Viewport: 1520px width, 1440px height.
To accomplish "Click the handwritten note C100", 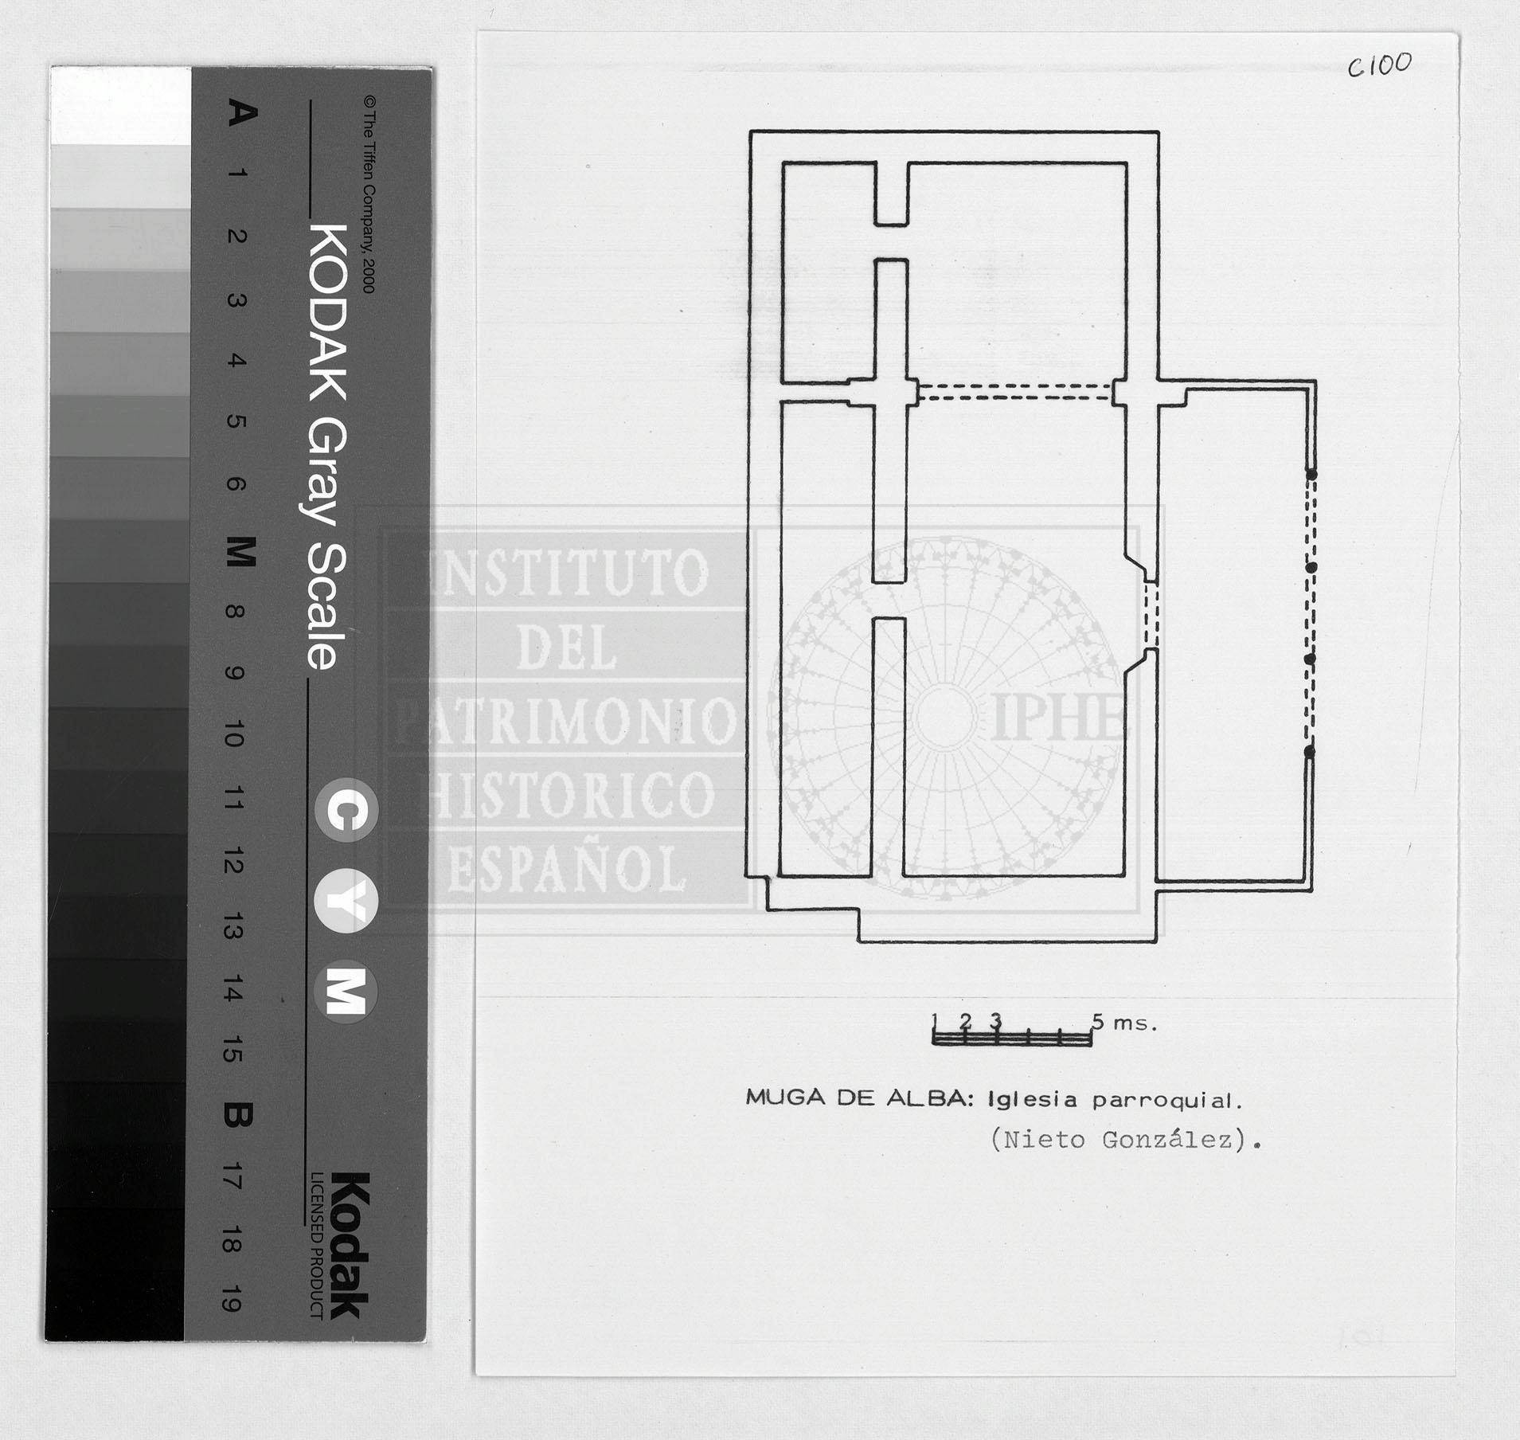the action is (1379, 65).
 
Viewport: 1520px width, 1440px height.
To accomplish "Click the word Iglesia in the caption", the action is (1032, 1101).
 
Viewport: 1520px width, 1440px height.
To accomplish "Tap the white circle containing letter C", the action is (346, 812).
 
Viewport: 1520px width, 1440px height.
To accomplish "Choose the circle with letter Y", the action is (346, 902).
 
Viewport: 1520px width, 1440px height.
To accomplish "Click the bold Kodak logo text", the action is (350, 1246).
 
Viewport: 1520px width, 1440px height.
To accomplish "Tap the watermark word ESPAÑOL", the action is (567, 869).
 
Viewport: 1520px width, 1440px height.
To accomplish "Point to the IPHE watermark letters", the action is (1058, 716).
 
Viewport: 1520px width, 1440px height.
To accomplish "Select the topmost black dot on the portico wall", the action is (1311, 474).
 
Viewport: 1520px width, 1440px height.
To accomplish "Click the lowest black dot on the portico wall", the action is (1310, 751).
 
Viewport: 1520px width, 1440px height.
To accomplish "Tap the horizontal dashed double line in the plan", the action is (1015, 390).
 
